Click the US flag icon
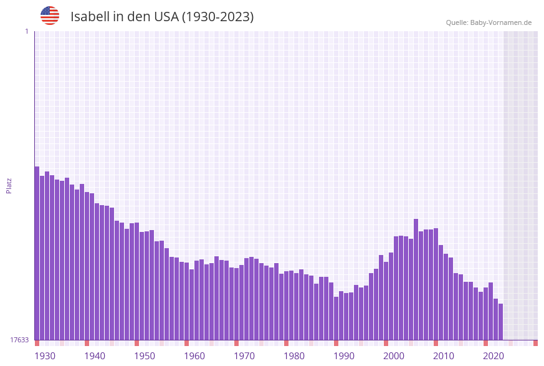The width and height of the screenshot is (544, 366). pyautogui.click(x=50, y=16)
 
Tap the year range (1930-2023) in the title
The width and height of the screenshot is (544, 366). pyautogui.click(x=217, y=17)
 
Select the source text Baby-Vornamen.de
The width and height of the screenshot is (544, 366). pyautogui.click(x=502, y=22)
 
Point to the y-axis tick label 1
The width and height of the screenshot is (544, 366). pyautogui.click(x=26, y=31)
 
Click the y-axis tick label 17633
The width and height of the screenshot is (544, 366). pyautogui.click(x=19, y=340)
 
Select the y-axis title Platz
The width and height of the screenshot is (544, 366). pyautogui.click(x=9, y=185)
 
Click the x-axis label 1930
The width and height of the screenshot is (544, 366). pyautogui.click(x=45, y=356)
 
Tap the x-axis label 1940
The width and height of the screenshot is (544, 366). pyautogui.click(x=95, y=356)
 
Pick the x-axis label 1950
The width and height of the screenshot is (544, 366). pyautogui.click(x=145, y=356)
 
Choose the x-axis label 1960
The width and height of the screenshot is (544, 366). pyautogui.click(x=194, y=356)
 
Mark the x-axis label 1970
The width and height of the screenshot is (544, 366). pyautogui.click(x=244, y=356)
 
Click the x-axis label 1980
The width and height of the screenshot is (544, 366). pyautogui.click(x=294, y=356)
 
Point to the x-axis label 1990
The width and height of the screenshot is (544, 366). pyautogui.click(x=344, y=356)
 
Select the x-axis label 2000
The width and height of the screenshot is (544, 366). pyautogui.click(x=394, y=356)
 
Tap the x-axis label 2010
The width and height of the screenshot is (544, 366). pyautogui.click(x=444, y=356)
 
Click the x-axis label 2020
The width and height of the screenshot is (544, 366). pyautogui.click(x=494, y=356)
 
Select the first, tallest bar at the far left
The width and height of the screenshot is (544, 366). pyautogui.click(x=37, y=253)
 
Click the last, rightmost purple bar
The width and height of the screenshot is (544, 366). pyautogui.click(x=500, y=322)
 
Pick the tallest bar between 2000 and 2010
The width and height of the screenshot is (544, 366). pyautogui.click(x=416, y=279)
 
